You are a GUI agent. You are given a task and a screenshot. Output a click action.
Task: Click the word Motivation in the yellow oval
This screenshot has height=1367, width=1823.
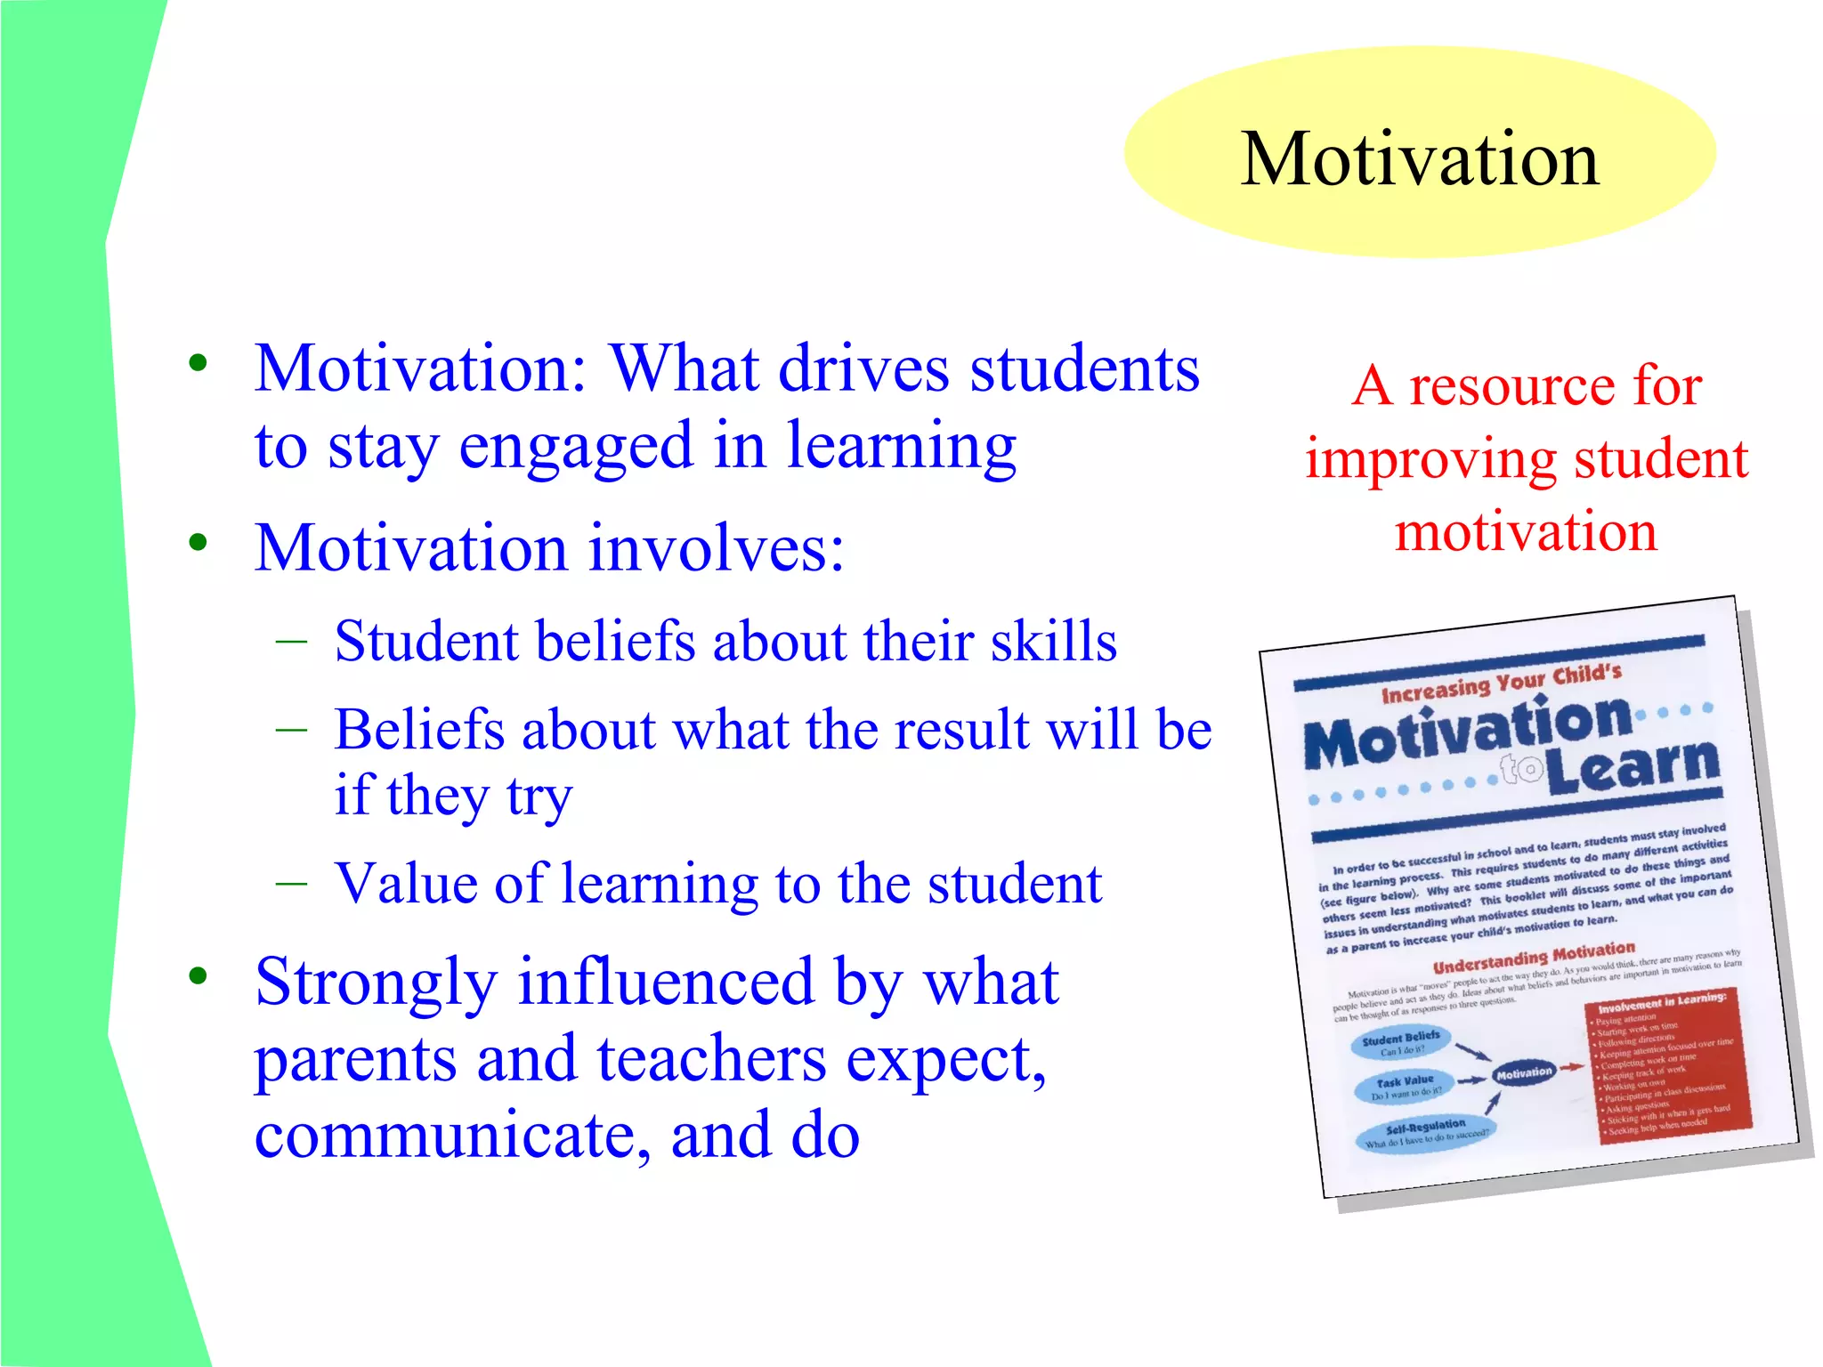(1420, 159)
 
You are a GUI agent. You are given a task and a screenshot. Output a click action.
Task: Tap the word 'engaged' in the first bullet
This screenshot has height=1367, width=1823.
(575, 447)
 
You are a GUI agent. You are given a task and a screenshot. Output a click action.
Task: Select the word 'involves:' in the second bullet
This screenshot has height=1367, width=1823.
(717, 548)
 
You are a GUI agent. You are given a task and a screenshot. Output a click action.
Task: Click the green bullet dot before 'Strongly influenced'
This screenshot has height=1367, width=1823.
(198, 976)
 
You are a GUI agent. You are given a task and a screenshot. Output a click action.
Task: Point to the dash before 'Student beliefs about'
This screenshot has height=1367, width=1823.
(291, 641)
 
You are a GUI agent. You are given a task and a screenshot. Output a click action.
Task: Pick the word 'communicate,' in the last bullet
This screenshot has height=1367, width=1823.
(454, 1136)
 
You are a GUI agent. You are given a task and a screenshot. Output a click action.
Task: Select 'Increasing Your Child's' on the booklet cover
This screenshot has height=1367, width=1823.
(1500, 683)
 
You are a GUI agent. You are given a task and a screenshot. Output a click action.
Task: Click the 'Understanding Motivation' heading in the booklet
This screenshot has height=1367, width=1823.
(1533, 958)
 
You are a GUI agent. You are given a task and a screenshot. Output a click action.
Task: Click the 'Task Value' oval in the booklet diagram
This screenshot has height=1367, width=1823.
(1404, 1088)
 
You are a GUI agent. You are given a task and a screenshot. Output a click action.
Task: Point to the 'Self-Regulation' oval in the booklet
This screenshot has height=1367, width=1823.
(1424, 1133)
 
